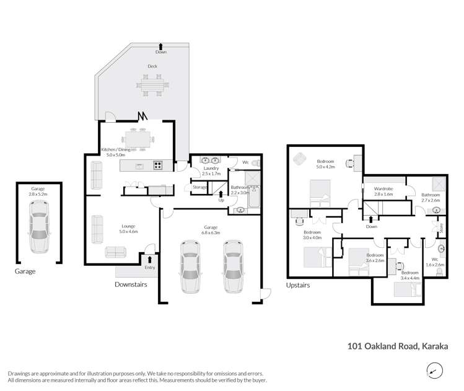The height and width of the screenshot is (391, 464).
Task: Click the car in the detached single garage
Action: tap(39, 234)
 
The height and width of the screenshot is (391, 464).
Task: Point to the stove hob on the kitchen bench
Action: tap(158, 165)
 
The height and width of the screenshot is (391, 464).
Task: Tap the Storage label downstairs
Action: tap(199, 187)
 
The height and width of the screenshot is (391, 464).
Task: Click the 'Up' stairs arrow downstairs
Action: tap(221, 196)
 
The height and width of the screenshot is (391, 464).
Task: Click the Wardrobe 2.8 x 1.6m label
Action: tap(384, 191)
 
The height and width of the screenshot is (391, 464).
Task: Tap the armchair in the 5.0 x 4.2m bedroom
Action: tap(300, 159)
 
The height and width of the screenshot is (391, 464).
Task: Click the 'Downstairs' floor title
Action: tap(131, 284)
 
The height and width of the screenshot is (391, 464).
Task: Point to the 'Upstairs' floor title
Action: tap(297, 285)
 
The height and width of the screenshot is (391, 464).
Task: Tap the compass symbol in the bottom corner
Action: tap(436, 371)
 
